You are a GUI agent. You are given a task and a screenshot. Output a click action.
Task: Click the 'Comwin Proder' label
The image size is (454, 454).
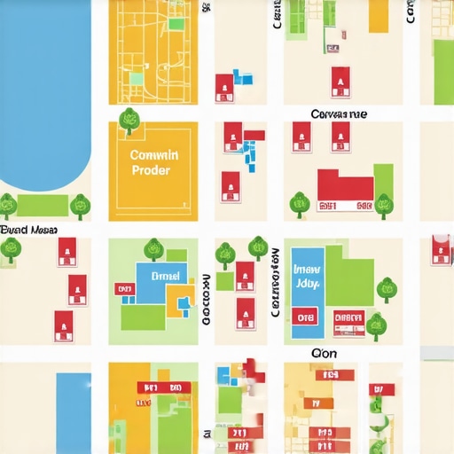(154, 161)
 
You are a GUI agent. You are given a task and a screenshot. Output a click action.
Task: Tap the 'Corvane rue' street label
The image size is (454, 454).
(339, 114)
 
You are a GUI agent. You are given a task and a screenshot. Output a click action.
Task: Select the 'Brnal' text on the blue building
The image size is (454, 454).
(165, 276)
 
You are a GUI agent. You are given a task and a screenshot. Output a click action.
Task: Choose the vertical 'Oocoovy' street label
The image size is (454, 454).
(206, 298)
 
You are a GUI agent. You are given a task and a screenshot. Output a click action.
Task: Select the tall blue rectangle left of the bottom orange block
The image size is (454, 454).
(73, 412)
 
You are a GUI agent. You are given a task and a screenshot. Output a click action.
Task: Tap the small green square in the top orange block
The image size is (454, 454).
(137, 78)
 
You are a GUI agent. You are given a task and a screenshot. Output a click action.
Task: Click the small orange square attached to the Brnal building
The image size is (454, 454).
(185, 295)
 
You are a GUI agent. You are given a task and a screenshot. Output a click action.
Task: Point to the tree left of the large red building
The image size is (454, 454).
(299, 204)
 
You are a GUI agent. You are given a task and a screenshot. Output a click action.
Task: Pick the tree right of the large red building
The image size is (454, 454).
(384, 204)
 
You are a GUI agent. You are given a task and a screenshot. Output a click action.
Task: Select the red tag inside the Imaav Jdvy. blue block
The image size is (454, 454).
(306, 317)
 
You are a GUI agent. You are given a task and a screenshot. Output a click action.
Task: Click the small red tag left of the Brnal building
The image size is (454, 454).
(122, 288)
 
